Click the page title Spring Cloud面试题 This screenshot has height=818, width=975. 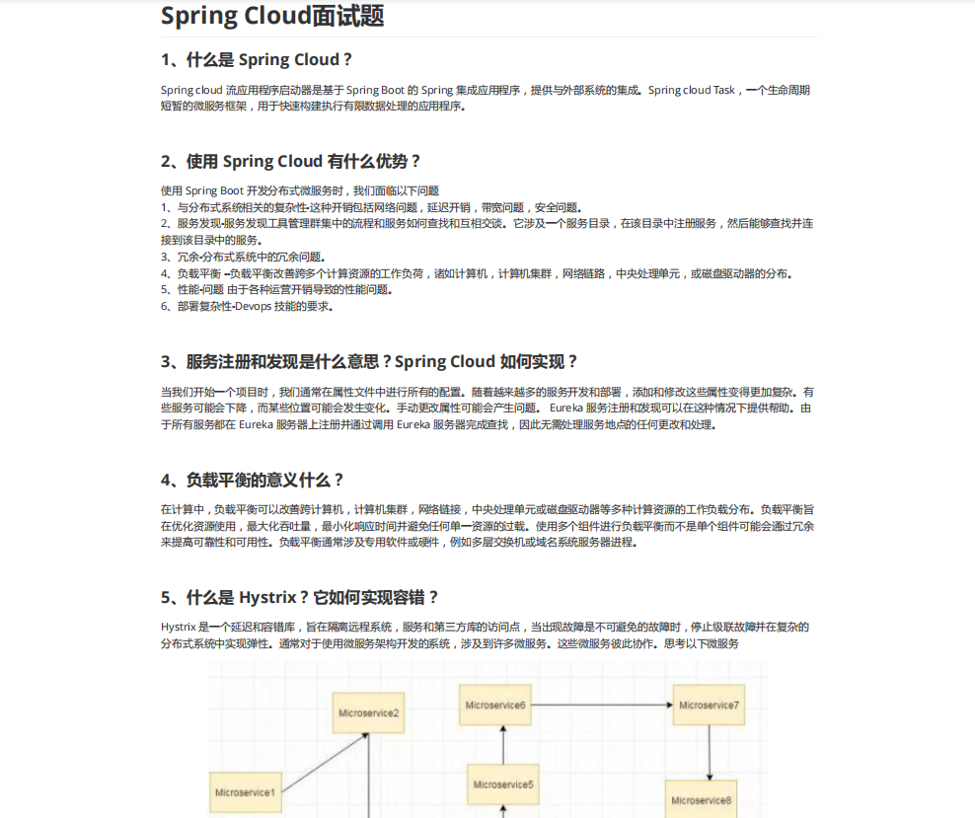coord(271,16)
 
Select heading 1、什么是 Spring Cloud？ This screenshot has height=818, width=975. coord(257,59)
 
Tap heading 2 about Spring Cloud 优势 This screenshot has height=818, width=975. coord(291,161)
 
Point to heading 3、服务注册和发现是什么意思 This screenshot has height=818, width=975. coord(369,361)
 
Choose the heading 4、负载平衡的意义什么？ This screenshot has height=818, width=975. coord(253,480)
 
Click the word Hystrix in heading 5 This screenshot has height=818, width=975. coord(267,597)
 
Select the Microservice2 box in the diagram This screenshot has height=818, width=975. coord(369,712)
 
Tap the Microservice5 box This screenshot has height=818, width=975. coord(503,784)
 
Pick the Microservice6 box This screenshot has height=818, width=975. coord(494,705)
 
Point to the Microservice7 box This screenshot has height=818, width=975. coord(710,705)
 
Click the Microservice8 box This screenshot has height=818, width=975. coord(702,799)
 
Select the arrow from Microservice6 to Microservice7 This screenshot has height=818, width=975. coord(602,705)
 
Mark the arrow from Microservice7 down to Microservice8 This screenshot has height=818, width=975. coord(710,752)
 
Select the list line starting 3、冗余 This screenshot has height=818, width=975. coord(243,257)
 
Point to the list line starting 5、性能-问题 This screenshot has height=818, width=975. coord(276,289)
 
